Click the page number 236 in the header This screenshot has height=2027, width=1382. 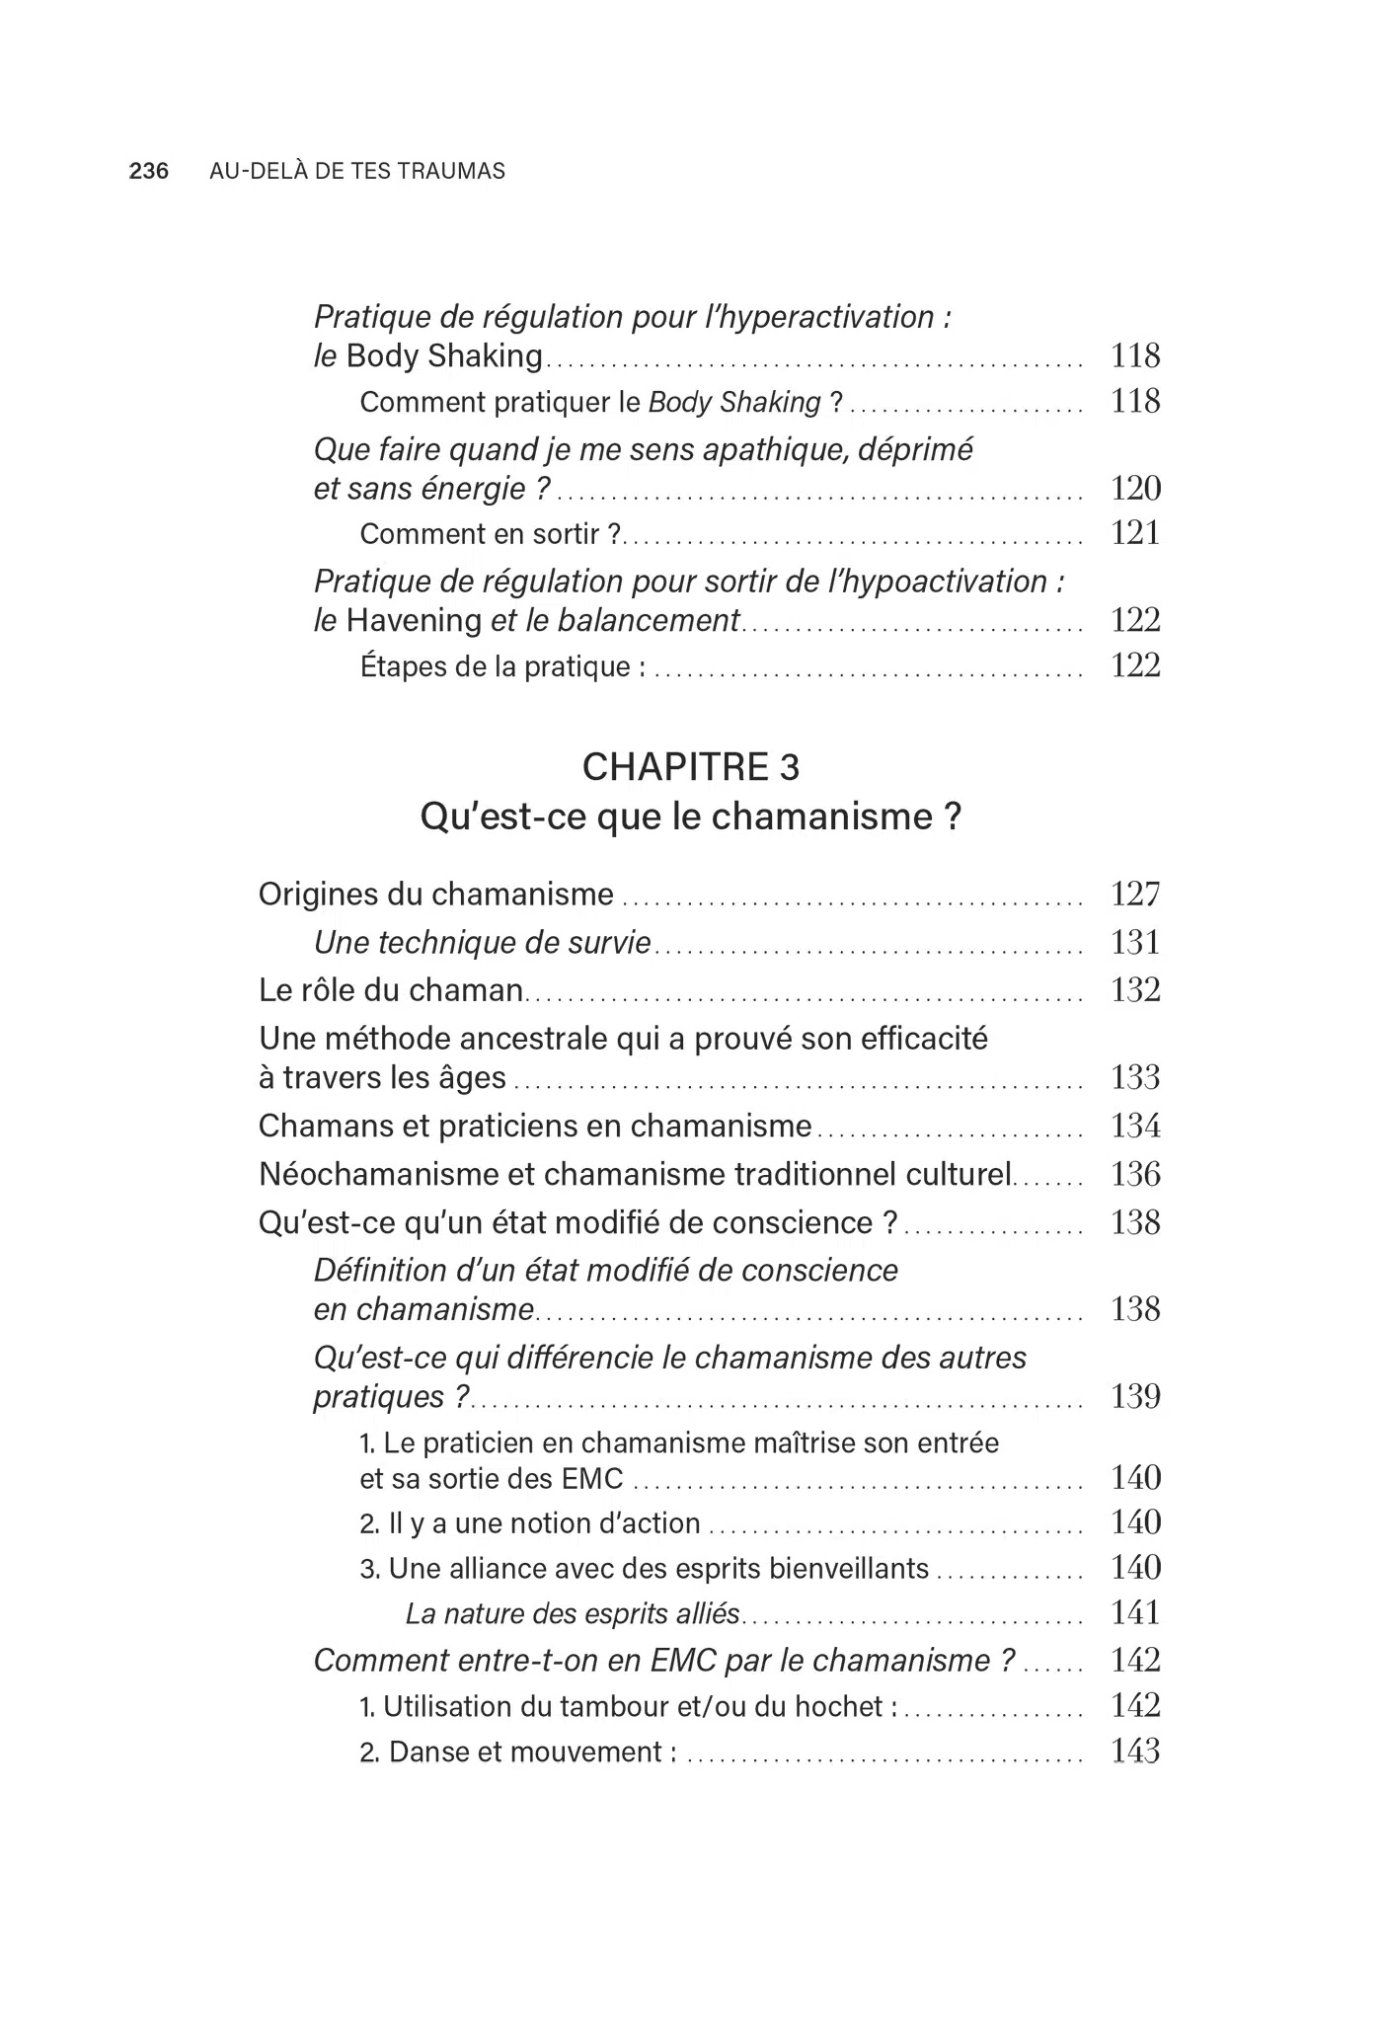(149, 172)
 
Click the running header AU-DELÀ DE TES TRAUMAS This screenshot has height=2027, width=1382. (357, 172)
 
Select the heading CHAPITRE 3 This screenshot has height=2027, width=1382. (691, 767)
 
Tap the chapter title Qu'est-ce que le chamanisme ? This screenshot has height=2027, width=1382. (691, 818)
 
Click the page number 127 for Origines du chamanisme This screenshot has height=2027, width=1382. (1135, 895)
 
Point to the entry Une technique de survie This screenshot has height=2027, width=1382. (483, 943)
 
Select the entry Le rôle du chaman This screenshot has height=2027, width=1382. (391, 990)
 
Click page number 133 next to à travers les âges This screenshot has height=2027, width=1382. (1135, 1077)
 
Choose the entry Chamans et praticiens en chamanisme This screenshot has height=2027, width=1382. (535, 1126)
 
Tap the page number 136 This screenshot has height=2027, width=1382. (1135, 1174)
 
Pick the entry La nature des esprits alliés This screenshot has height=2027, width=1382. (573, 1614)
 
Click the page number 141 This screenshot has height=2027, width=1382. (1135, 1613)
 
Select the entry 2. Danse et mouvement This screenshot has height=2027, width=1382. (518, 1753)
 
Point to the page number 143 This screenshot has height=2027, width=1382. (1135, 1752)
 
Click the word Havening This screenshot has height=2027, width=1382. (414, 621)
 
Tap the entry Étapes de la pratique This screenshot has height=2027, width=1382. (502, 667)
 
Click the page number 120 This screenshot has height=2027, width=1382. (1135, 489)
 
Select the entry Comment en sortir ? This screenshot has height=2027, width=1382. (491, 534)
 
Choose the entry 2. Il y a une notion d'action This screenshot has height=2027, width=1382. (530, 1523)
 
